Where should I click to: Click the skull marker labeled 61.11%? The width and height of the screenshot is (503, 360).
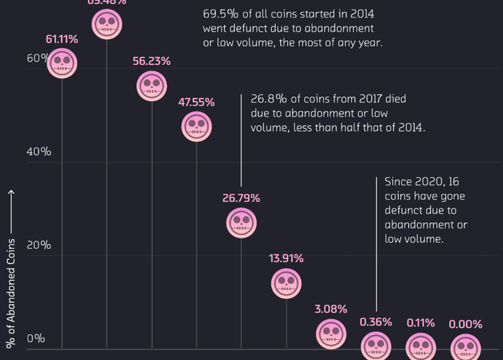point(62,64)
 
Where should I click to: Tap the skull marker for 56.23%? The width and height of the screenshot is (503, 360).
point(152,86)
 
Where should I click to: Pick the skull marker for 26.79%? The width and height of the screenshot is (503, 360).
point(241,223)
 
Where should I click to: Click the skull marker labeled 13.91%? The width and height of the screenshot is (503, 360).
point(286,283)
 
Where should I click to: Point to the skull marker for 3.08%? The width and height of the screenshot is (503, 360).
point(330,333)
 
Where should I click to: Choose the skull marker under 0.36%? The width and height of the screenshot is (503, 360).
point(376,346)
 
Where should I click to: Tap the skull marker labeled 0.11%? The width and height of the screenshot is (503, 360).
point(421,346)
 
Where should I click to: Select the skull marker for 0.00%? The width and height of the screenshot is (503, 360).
point(465,347)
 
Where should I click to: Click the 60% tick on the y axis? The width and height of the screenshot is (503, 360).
point(36,58)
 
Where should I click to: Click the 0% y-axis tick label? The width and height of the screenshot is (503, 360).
point(36,339)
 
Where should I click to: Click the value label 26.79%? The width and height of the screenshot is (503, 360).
point(241,199)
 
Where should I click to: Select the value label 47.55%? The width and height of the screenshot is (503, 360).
point(196,102)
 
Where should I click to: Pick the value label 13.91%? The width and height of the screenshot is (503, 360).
point(286,259)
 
